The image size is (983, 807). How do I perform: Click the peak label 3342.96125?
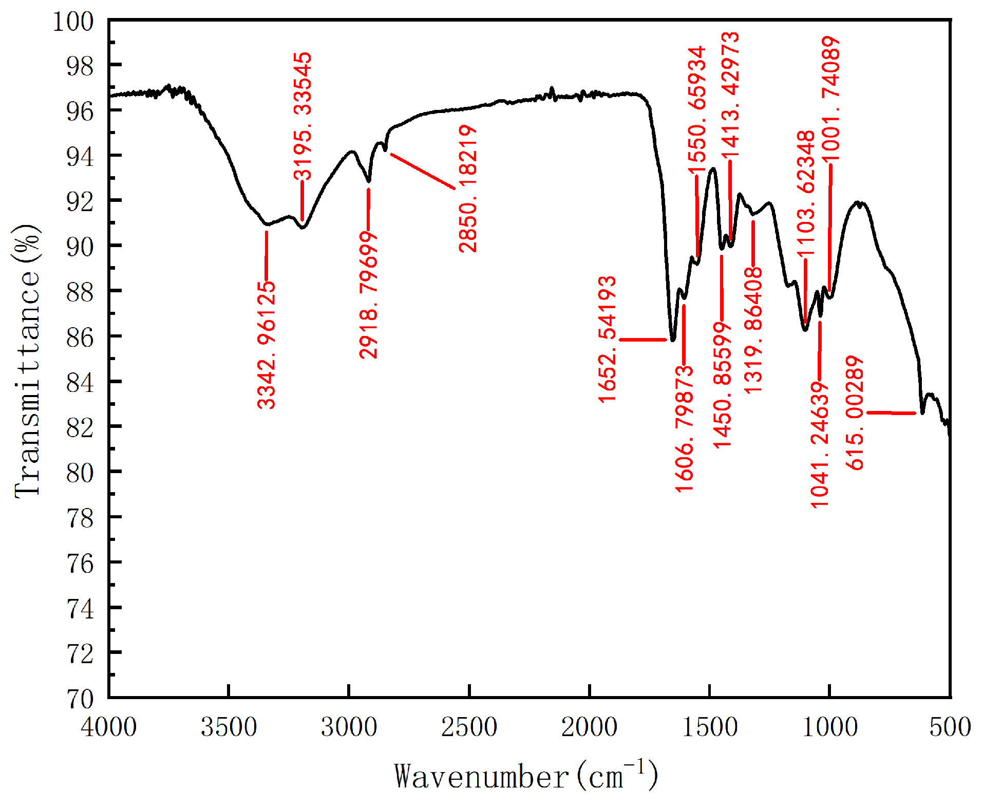266,345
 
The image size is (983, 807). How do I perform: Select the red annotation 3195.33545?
303,115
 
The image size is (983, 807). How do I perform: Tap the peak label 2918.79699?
368,295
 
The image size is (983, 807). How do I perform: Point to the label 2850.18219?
468,189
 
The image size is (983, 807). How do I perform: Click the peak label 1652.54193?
607,339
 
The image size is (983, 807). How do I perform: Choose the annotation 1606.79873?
684,429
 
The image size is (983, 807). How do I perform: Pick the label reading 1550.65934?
697,111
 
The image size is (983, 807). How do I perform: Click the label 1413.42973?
730,95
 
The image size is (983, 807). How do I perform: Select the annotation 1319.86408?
753,331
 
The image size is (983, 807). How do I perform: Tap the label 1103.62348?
806,194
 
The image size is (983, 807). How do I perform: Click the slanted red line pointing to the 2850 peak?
423,171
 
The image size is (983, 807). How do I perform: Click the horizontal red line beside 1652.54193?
643,340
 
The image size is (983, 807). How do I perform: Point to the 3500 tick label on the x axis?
229,727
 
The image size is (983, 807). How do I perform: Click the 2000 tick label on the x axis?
589,727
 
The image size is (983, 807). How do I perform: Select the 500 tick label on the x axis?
950,727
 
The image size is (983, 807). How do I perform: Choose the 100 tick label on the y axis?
73,22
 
